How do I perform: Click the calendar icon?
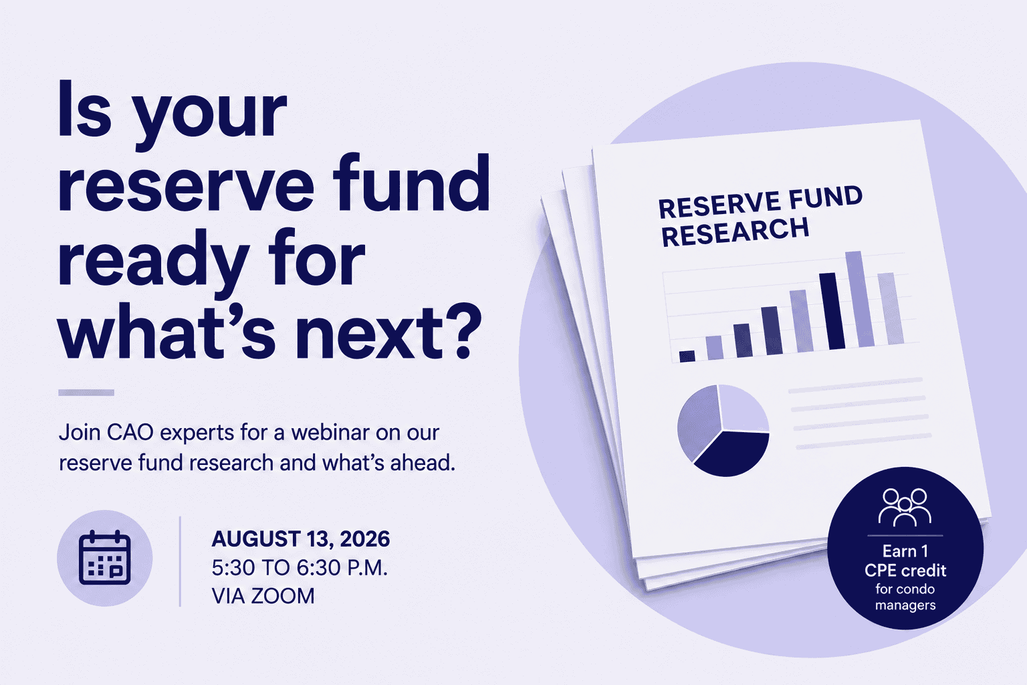(104, 558)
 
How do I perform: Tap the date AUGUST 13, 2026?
(301, 539)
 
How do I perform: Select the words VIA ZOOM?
(263, 597)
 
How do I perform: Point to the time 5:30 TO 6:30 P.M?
(300, 568)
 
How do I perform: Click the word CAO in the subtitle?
(130, 433)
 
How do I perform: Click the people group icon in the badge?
(905, 507)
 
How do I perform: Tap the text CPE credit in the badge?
(905, 571)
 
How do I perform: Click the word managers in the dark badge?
(905, 605)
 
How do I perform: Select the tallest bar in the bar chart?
(860, 299)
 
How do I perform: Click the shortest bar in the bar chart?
(687, 357)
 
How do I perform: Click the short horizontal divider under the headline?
(86, 393)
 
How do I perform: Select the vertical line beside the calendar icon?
(180, 562)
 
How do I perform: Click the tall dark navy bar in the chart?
(832, 311)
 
